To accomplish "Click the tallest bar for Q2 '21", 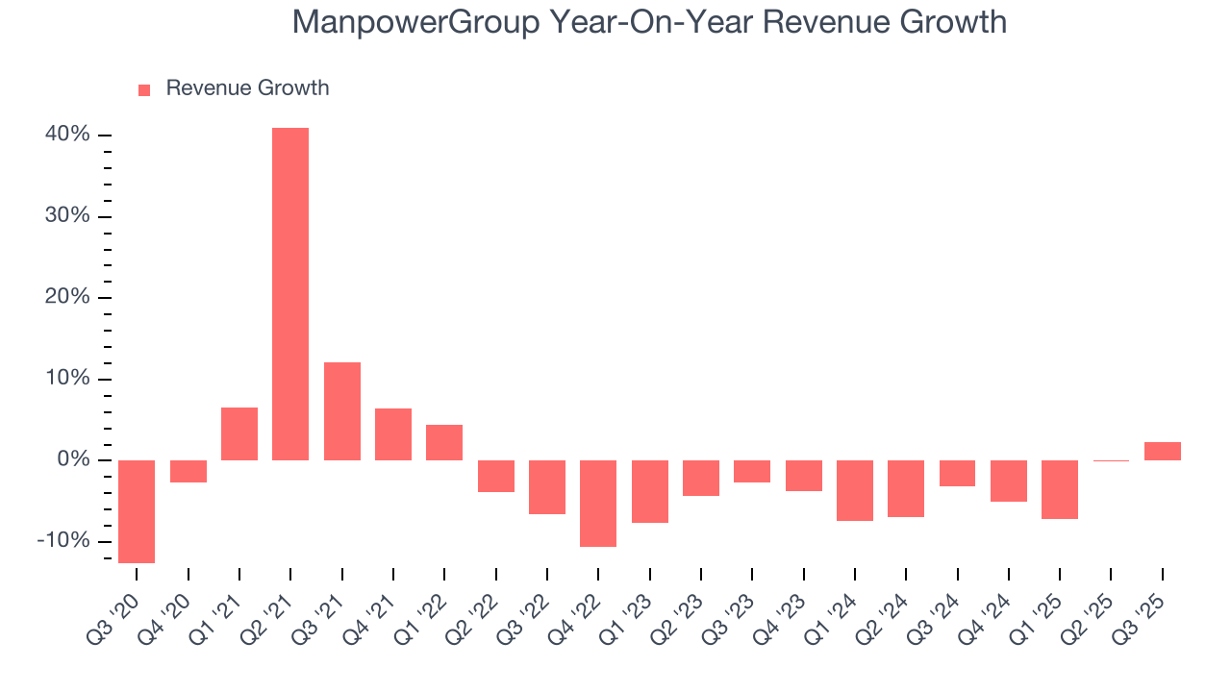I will click(x=290, y=293).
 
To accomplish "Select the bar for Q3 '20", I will click(x=137, y=511).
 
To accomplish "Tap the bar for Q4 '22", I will click(x=598, y=503).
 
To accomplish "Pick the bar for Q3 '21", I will click(x=341, y=410).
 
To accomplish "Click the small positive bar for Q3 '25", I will click(x=1162, y=451).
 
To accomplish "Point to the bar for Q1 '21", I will click(x=239, y=433).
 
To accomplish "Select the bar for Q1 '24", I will click(x=855, y=490).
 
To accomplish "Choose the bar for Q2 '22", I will click(x=495, y=476).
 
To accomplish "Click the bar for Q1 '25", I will click(x=1060, y=489).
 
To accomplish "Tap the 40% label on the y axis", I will click(x=67, y=135).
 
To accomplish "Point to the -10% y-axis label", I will click(x=63, y=541).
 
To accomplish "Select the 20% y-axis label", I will click(x=67, y=297).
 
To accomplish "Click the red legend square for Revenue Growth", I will click(x=144, y=89).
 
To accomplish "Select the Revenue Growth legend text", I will click(x=247, y=88).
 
